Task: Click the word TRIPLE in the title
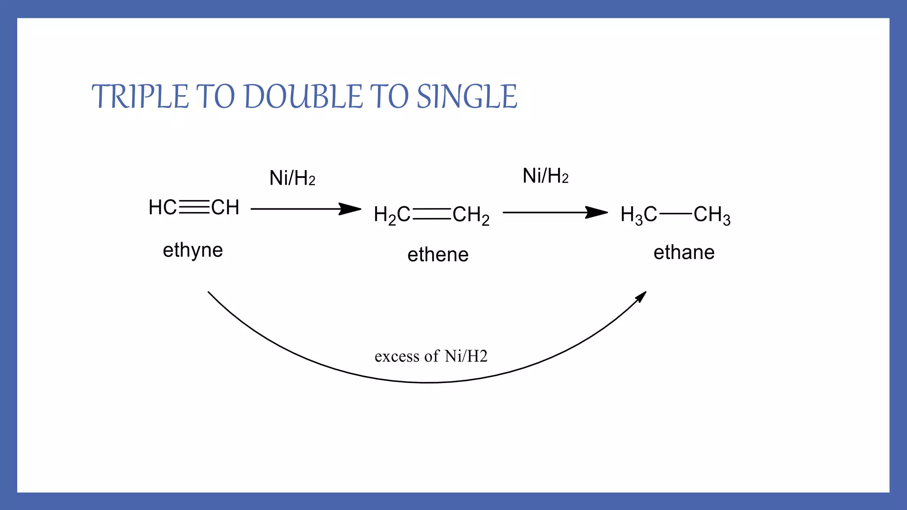pyautogui.click(x=140, y=97)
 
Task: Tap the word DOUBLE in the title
pyautogui.click(x=303, y=97)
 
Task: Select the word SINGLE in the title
pyautogui.click(x=467, y=97)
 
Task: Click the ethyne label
pyautogui.click(x=193, y=251)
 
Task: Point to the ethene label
pyautogui.click(x=438, y=255)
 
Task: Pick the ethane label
pyautogui.click(x=684, y=252)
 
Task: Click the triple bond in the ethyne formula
pyautogui.click(x=194, y=207)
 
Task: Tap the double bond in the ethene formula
pyautogui.click(x=431, y=214)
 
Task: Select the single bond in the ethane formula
pyautogui.click(x=675, y=214)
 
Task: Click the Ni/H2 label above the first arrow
pyautogui.click(x=292, y=178)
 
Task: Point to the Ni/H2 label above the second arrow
pyautogui.click(x=545, y=176)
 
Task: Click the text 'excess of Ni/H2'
pyautogui.click(x=430, y=356)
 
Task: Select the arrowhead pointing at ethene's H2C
pyautogui.click(x=351, y=209)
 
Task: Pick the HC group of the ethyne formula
pyautogui.click(x=163, y=207)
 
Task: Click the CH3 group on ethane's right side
pyautogui.click(x=712, y=215)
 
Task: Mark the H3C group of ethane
pyautogui.click(x=639, y=215)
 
